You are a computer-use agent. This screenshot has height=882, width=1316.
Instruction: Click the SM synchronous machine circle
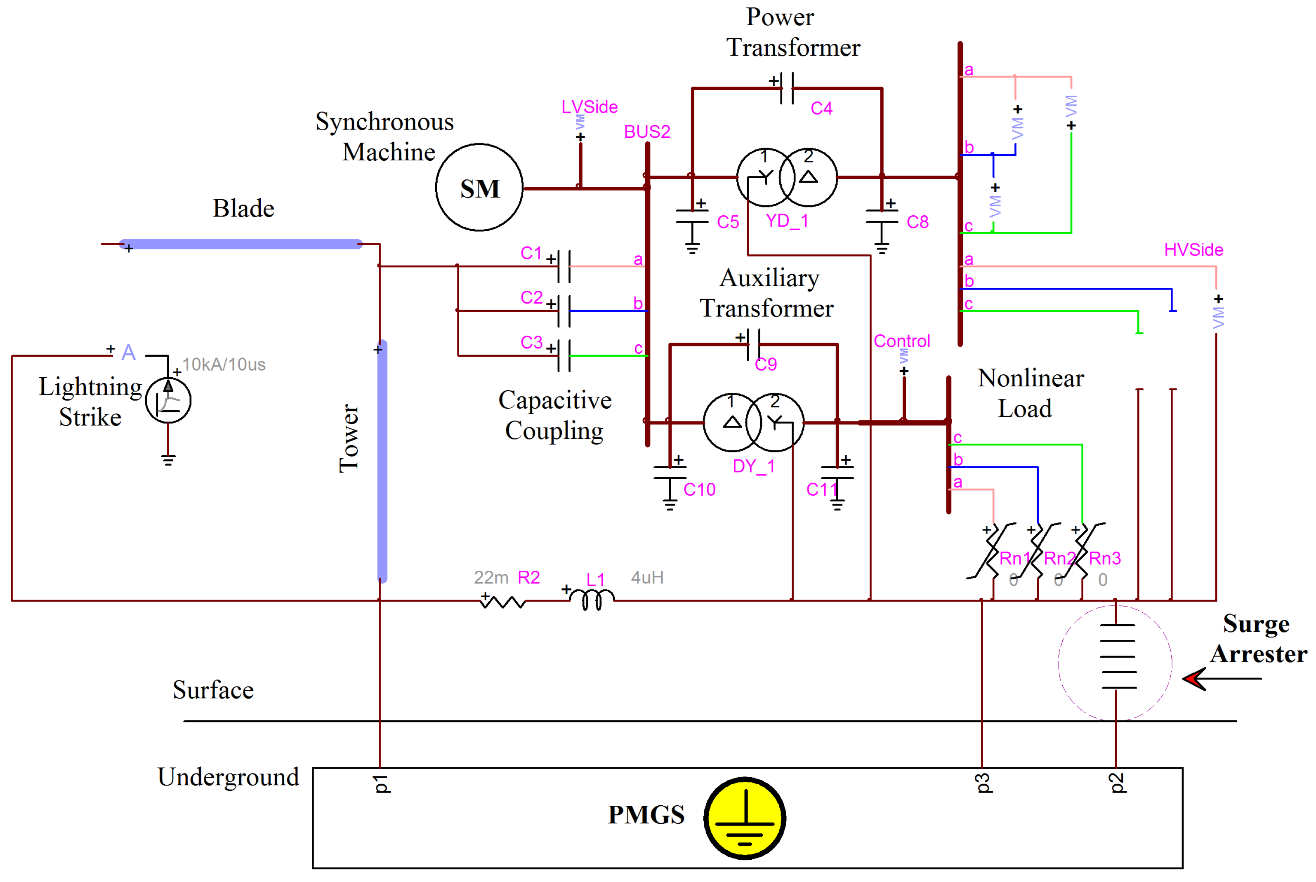tap(479, 187)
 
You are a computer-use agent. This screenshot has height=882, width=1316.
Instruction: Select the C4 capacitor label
tap(821, 108)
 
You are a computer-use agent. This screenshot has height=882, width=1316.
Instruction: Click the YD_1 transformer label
tap(787, 221)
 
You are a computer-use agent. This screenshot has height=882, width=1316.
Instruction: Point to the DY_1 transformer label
tap(753, 466)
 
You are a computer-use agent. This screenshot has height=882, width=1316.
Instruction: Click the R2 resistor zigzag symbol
tap(502, 602)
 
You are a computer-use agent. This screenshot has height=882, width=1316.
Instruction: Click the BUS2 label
tap(646, 132)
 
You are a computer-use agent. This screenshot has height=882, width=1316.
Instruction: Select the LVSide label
tap(589, 107)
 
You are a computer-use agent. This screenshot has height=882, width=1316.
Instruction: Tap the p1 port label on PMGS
tap(381, 783)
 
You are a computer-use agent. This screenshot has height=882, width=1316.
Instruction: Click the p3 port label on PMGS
tap(982, 783)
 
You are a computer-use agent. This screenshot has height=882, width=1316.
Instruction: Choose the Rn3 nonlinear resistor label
tap(1104, 559)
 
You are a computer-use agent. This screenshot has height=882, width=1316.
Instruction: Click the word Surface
tap(213, 689)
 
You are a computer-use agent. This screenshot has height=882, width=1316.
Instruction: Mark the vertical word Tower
tap(349, 437)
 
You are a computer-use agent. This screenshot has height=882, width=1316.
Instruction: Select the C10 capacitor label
tap(699, 490)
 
